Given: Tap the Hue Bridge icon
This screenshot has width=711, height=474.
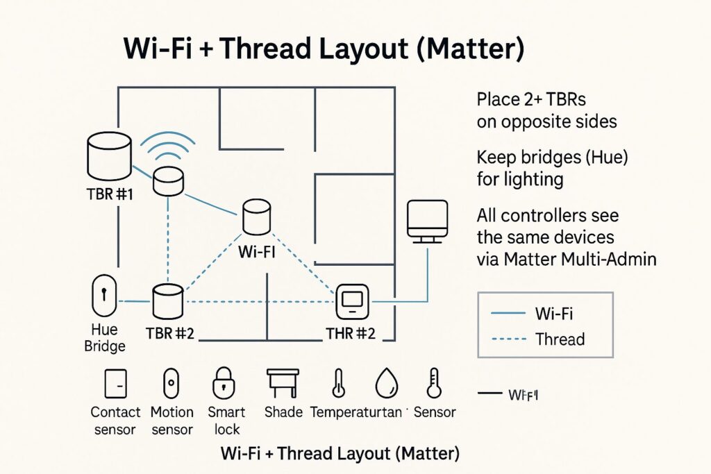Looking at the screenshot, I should [x=104, y=298].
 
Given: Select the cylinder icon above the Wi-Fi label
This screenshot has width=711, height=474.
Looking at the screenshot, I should [x=255, y=217].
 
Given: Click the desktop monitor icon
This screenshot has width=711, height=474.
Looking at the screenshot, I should [x=426, y=221].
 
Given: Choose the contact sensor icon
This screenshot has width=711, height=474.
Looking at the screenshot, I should [x=115, y=383].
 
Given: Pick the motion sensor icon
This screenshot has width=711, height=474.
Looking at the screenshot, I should [x=171, y=383].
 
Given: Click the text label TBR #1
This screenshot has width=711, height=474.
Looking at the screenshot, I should [x=110, y=194].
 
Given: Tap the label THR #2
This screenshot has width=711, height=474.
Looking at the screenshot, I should [x=350, y=333].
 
